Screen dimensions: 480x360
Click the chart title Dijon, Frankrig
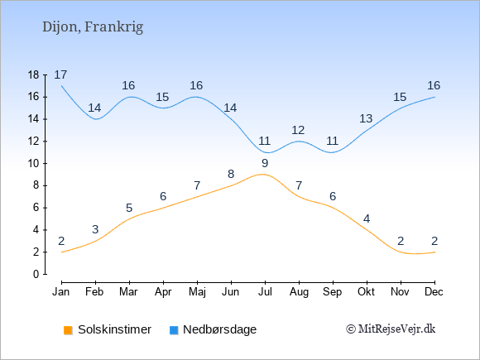click(x=93, y=27)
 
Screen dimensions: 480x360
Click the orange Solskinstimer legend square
click(x=68, y=330)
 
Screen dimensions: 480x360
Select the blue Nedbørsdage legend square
click(x=174, y=330)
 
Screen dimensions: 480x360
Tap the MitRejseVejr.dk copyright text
click(x=391, y=329)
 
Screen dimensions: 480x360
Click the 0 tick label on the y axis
click(x=36, y=274)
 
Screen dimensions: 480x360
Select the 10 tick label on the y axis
click(x=33, y=164)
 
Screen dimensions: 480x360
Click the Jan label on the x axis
click(x=61, y=292)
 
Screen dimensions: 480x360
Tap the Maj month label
click(x=197, y=292)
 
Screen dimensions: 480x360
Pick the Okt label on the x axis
click(x=366, y=292)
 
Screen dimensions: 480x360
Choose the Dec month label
click(x=434, y=292)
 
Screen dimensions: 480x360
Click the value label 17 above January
click(x=60, y=74)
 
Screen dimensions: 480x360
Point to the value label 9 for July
click(x=265, y=164)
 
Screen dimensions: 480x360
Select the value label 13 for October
click(x=366, y=118)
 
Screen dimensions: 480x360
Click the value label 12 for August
click(x=298, y=131)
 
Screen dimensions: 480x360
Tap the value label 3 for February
click(x=95, y=229)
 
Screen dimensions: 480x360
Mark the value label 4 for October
click(x=367, y=218)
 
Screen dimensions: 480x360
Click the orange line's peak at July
click(x=262, y=174)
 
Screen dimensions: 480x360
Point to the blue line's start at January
click(x=62, y=86)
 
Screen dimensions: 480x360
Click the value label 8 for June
click(x=231, y=174)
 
